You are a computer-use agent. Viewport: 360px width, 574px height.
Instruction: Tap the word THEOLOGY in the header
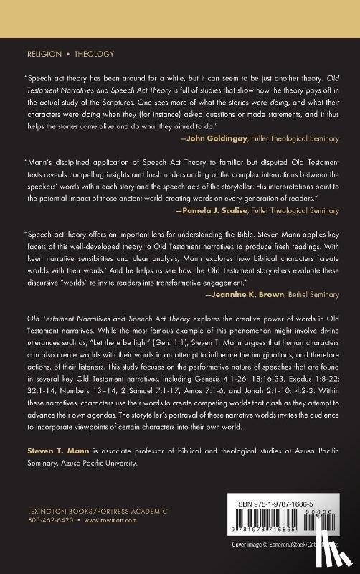click(93, 54)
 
